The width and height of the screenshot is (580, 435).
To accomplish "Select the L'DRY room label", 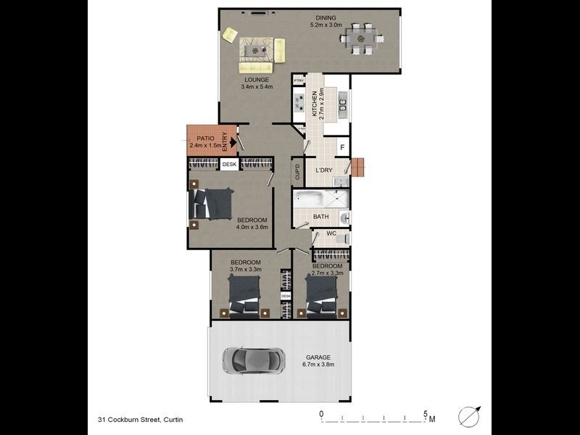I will (x=323, y=171).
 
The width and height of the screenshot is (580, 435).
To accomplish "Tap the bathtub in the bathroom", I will (x=310, y=200).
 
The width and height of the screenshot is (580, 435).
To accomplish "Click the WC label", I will (x=331, y=233).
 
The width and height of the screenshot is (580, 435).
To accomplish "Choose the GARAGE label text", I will (x=318, y=357).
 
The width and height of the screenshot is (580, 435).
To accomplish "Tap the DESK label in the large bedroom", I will (x=229, y=165).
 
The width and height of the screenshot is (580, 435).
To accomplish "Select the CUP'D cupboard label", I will (x=297, y=172).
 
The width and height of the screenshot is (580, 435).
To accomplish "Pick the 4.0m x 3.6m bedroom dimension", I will (x=252, y=228).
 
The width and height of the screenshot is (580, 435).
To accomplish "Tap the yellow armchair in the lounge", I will (x=231, y=34).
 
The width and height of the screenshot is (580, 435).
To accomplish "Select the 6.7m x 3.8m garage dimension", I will (x=318, y=365).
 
